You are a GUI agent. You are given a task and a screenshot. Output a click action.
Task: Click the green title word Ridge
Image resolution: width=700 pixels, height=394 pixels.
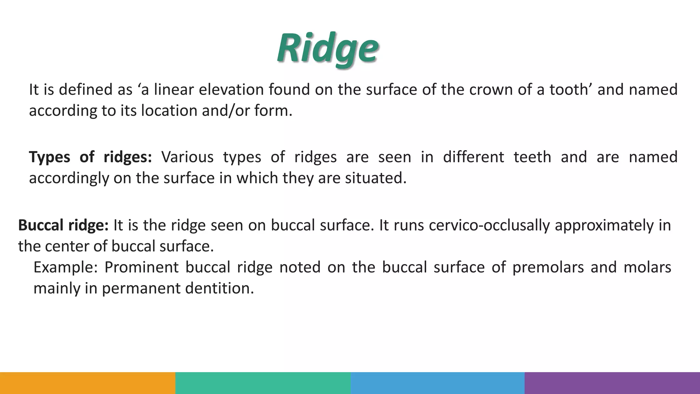click(x=327, y=49)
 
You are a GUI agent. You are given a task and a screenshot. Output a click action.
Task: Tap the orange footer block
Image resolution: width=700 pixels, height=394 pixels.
click(x=87, y=383)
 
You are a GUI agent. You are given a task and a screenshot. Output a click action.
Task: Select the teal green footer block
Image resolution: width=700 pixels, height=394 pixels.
click(x=263, y=383)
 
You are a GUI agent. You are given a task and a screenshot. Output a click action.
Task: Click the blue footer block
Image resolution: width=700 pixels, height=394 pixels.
click(x=437, y=383)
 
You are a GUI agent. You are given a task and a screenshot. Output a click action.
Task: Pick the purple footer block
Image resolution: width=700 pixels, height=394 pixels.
click(x=612, y=383)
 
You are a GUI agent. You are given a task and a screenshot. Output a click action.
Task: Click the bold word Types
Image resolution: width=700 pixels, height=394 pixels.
click(x=50, y=157)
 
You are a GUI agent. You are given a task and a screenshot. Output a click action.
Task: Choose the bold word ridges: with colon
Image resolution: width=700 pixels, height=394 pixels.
click(x=127, y=157)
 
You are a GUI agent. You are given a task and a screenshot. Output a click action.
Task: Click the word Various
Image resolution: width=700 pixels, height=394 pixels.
click(x=187, y=157)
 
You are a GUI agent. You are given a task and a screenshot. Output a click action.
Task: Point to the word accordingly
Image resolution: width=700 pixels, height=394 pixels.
click(x=69, y=179)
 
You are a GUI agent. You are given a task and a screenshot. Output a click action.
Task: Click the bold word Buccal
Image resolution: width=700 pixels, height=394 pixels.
click(x=41, y=225)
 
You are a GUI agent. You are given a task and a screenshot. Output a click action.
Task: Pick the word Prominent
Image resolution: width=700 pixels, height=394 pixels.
click(x=141, y=267)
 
